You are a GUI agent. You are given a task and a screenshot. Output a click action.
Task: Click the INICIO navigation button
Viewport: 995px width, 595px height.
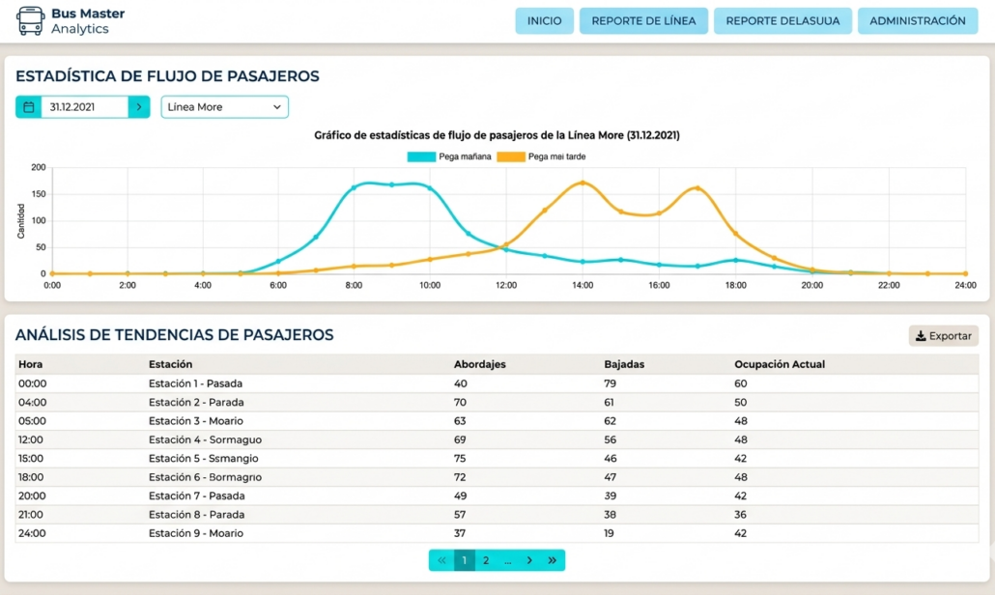pos(544,21)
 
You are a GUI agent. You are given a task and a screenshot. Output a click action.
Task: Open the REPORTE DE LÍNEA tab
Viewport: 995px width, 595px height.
pos(643,21)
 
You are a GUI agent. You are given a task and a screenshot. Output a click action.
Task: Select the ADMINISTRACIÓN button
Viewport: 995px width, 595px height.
pos(917,21)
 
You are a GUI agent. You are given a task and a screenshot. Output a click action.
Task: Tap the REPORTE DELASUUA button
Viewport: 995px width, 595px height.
pos(782,21)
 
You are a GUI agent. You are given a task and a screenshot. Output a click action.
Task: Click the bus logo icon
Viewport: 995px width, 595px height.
pos(30,20)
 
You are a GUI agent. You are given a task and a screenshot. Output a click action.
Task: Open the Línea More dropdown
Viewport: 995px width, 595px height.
pos(224,107)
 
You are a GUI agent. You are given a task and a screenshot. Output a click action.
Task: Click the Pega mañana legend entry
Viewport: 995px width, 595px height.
pos(449,156)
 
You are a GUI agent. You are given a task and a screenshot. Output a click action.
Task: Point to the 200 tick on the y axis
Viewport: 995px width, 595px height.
pos(38,167)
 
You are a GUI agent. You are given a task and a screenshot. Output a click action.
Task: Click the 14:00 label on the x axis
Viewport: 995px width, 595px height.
pos(582,286)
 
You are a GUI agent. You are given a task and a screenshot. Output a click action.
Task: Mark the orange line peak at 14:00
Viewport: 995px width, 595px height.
pos(582,183)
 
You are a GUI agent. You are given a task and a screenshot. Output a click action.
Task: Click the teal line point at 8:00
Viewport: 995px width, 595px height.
pos(354,187)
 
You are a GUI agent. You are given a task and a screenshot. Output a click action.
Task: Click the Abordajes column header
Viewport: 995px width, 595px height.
pos(480,364)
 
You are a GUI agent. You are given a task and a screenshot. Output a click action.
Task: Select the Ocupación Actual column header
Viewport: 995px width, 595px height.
pos(780,364)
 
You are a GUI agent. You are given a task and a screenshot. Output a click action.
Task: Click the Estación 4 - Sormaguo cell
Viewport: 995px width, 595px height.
pos(205,439)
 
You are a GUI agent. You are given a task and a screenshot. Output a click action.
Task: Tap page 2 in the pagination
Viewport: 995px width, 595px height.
pos(486,560)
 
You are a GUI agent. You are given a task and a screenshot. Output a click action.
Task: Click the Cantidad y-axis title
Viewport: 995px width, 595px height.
pos(21,220)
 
